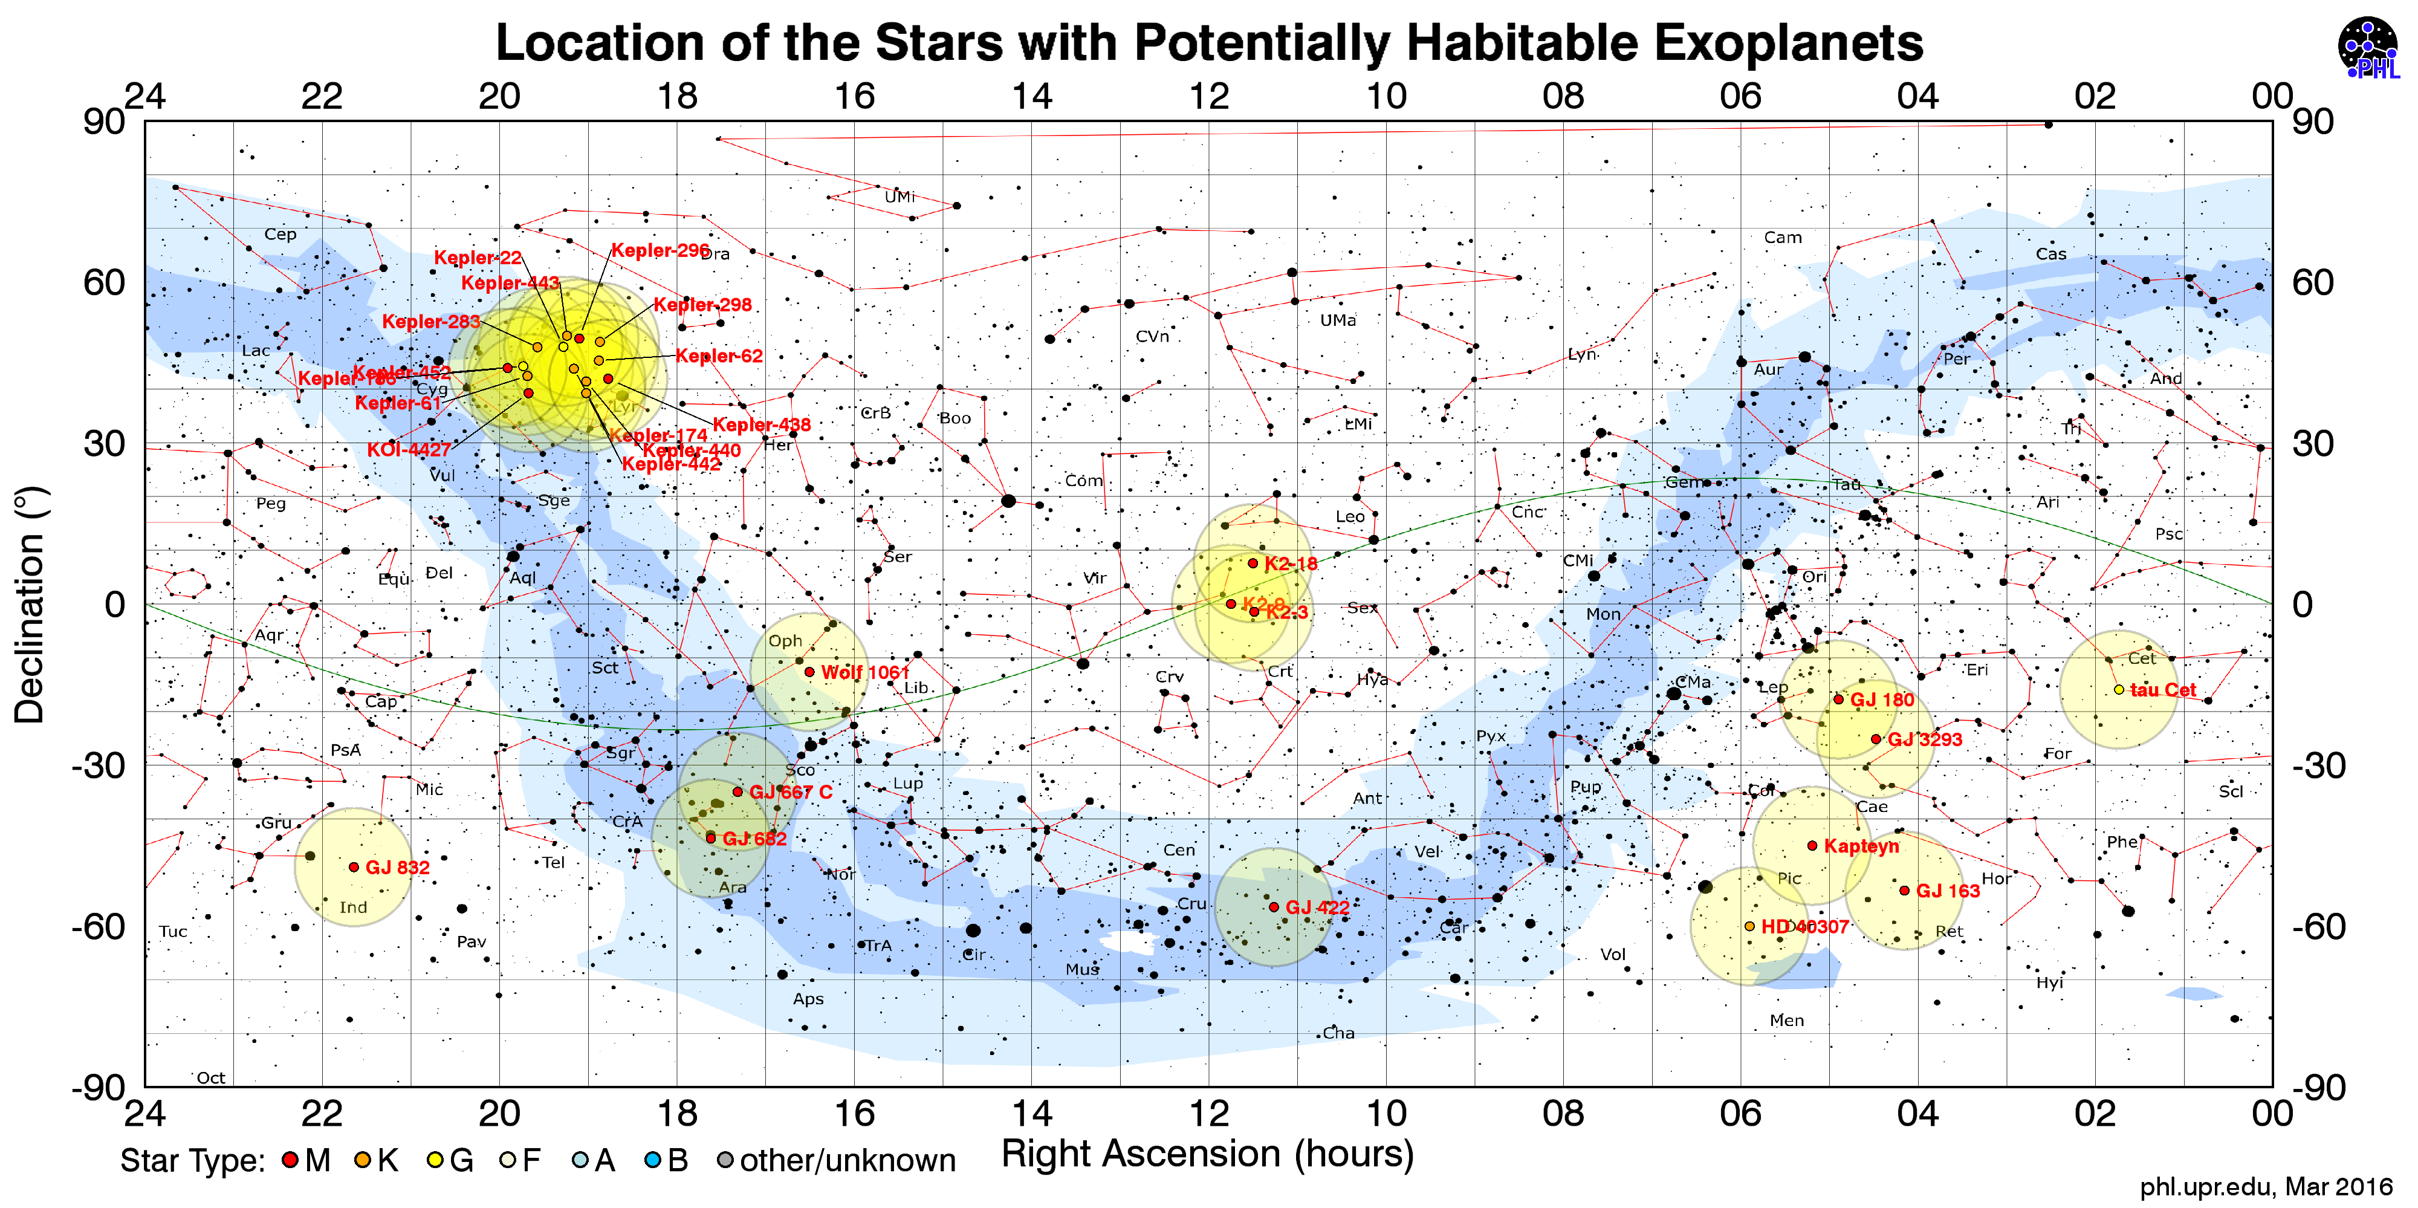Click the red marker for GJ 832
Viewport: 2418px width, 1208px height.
(x=354, y=867)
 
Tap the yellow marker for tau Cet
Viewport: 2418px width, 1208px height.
(x=2119, y=690)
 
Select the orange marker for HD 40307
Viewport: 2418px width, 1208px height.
(x=1749, y=926)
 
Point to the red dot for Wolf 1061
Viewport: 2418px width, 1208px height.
(x=809, y=672)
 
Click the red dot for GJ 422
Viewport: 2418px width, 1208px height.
(x=1274, y=907)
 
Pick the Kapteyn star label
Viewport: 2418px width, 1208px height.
(x=1861, y=846)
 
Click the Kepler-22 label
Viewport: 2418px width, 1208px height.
(x=477, y=257)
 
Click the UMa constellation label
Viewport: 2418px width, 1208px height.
(x=1338, y=320)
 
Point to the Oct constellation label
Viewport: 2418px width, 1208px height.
(x=210, y=1077)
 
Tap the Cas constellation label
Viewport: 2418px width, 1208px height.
(x=2051, y=253)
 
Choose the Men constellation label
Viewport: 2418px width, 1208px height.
(x=1786, y=1021)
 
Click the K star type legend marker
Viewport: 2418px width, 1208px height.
(x=362, y=1160)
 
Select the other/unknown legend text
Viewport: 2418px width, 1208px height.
(x=847, y=1160)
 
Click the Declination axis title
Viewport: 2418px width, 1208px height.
(x=30, y=605)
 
